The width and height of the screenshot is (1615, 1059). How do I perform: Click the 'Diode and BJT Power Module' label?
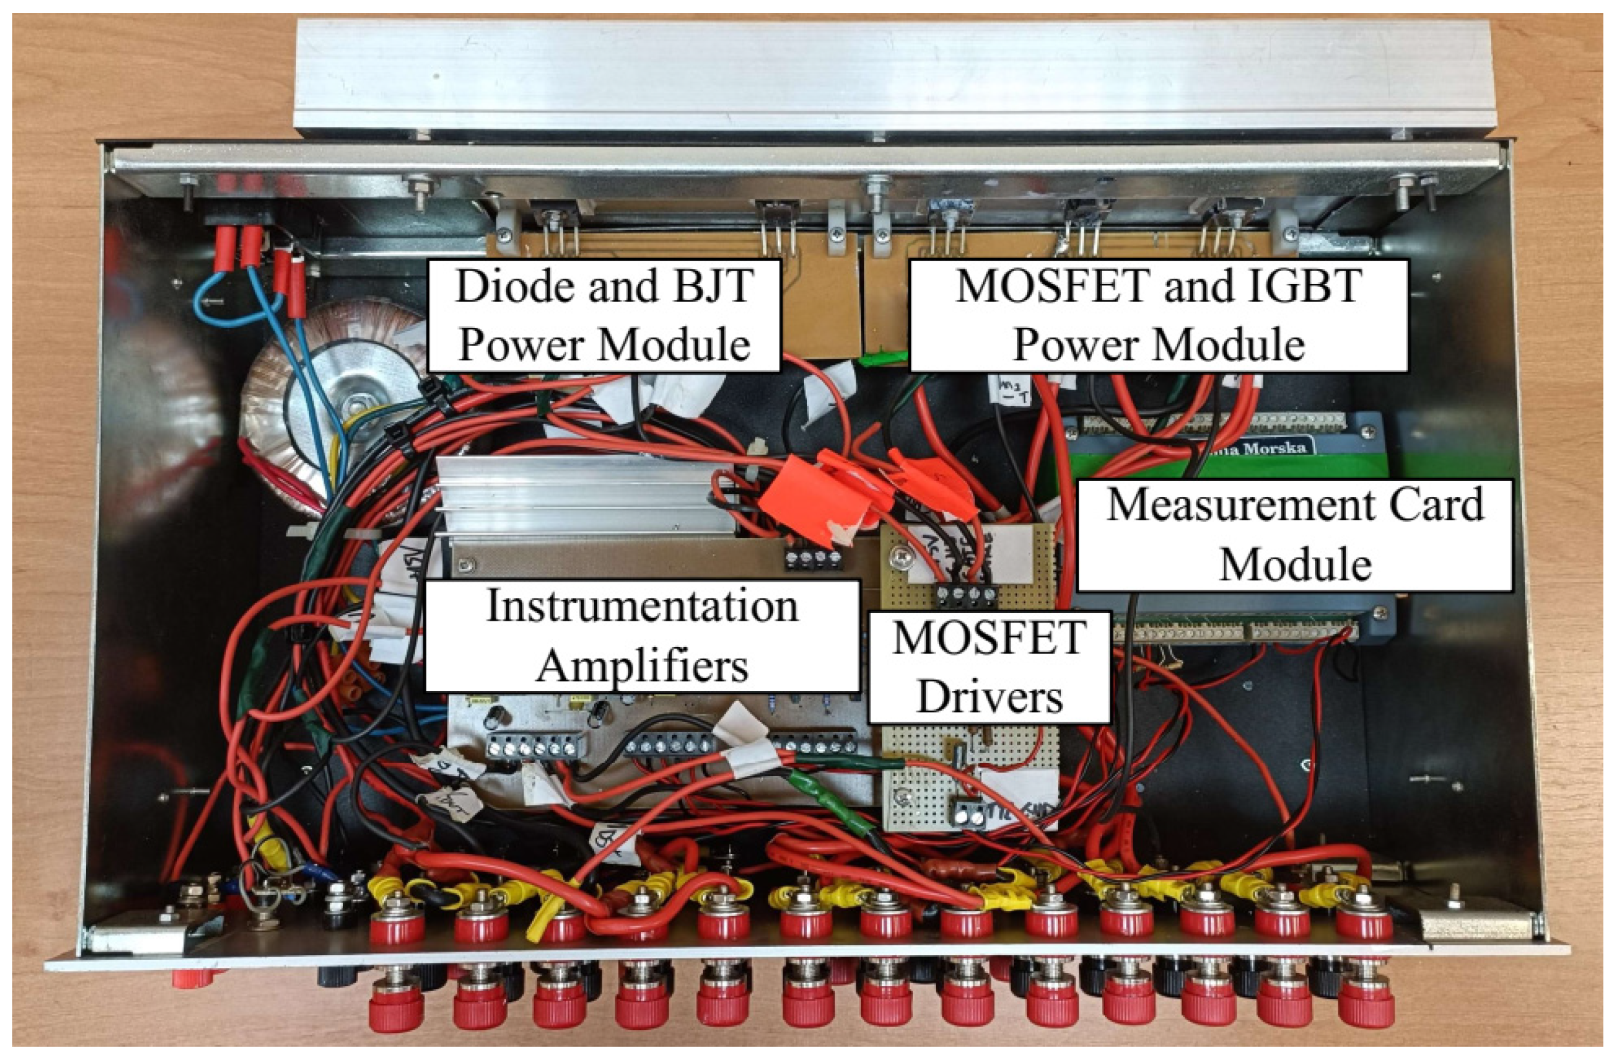pos(604,315)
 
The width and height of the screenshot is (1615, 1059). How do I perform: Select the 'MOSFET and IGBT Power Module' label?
pos(1158,315)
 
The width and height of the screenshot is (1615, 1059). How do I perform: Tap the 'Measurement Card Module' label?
pos(1294,535)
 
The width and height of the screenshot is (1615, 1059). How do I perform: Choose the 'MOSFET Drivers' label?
pos(989,667)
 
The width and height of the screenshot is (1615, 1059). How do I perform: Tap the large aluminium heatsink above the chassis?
pos(882,75)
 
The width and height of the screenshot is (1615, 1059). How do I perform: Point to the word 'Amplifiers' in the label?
pos(642,667)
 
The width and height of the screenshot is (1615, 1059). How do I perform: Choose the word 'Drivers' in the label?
pos(989,697)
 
